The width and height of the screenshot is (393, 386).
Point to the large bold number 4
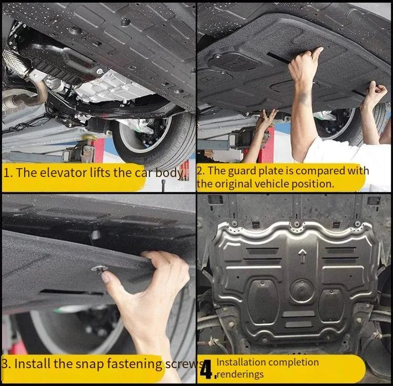point(206,369)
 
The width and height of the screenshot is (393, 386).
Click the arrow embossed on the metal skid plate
point(302,256)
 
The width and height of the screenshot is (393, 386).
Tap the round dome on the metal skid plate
point(302,291)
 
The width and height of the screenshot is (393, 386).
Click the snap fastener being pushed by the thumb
point(100,269)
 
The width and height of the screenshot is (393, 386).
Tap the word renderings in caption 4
point(240,374)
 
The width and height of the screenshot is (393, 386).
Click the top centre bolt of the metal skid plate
point(297,224)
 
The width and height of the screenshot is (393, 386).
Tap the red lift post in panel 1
point(99,150)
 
